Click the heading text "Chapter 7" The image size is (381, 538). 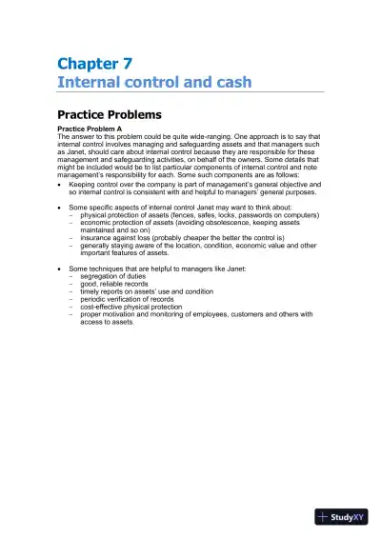coord(94,64)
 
